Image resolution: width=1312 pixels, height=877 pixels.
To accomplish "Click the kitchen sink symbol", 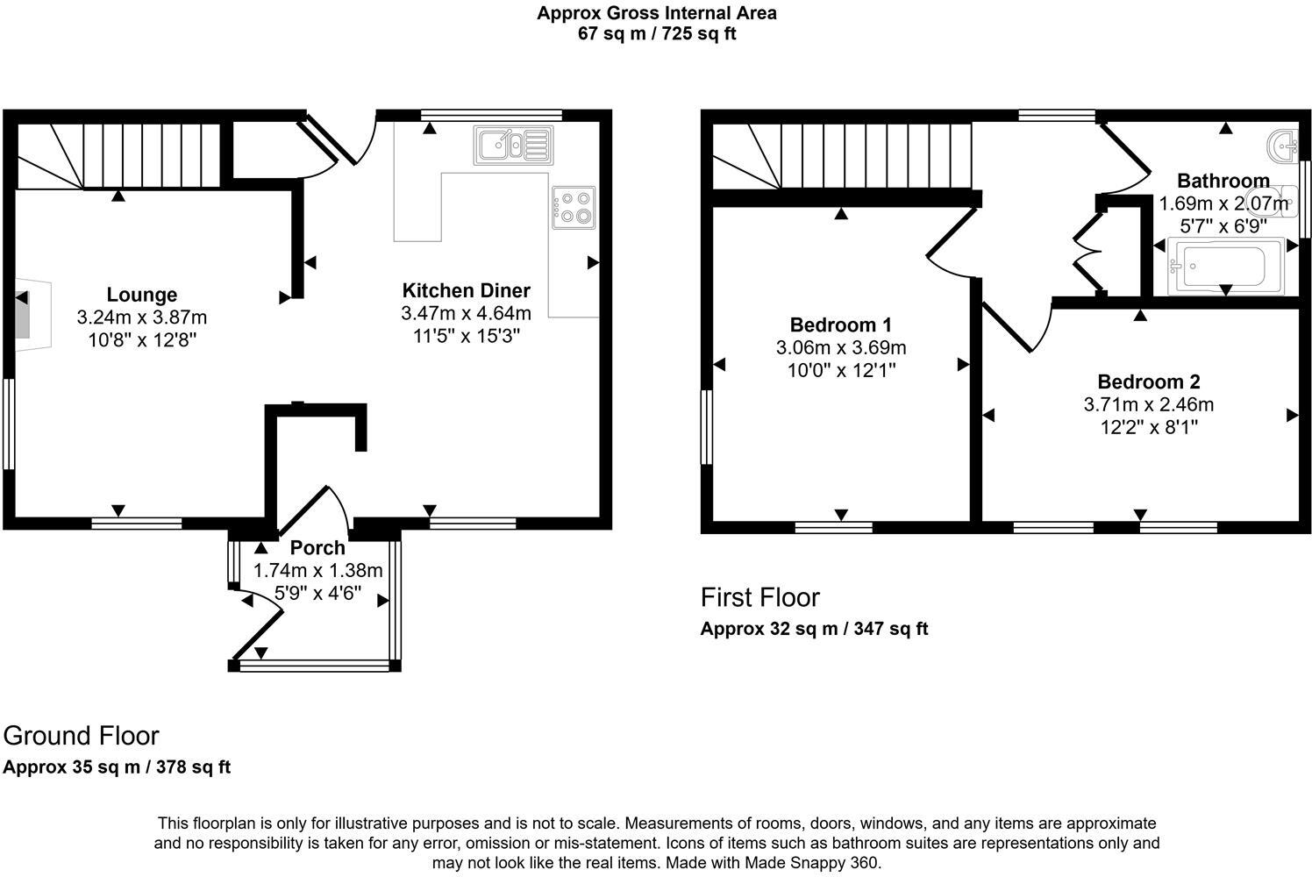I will click(513, 145).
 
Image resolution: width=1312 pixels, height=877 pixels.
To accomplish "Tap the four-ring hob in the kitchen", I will click(574, 208).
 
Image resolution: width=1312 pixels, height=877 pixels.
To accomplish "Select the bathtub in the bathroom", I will click(1225, 266).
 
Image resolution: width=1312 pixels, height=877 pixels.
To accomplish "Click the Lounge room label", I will click(142, 295).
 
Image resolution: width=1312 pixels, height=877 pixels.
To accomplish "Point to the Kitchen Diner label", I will click(466, 290).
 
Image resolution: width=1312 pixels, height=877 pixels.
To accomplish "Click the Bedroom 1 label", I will click(840, 324).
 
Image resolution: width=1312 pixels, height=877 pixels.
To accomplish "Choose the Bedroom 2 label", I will click(1148, 381).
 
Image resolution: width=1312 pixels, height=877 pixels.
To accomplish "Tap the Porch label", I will click(317, 548).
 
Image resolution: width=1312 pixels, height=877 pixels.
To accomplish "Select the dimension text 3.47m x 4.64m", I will click(466, 313).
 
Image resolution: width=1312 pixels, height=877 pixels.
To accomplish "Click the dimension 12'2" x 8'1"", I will click(1148, 427).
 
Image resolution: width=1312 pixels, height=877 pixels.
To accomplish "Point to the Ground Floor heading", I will click(82, 735).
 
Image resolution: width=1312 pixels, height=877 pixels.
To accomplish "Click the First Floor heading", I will click(759, 597).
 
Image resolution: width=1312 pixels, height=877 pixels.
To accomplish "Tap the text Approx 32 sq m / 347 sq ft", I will click(814, 629).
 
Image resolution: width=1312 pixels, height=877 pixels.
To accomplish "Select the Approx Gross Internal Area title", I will click(656, 13).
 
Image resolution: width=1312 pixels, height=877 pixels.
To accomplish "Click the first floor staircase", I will click(842, 155).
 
